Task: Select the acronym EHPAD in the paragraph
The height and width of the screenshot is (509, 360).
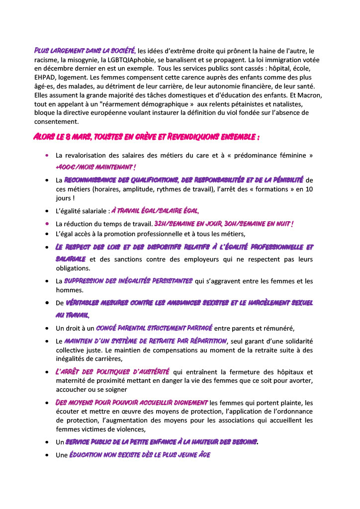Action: coord(46,78)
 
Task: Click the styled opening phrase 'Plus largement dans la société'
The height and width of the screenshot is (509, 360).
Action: coord(85,51)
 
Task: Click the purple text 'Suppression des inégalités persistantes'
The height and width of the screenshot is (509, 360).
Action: coord(128,281)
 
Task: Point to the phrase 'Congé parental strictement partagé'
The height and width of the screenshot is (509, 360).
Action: coord(154,328)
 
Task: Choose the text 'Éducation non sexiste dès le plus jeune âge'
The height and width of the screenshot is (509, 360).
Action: coord(140,454)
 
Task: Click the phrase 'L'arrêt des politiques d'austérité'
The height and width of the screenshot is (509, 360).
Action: coord(112,372)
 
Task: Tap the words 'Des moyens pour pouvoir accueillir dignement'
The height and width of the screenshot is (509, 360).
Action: coord(132,402)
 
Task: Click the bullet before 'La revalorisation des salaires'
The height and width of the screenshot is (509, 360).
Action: coord(46,155)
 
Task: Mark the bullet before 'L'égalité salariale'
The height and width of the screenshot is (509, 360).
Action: coord(46,211)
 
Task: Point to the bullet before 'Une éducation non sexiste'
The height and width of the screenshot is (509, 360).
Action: coord(46,455)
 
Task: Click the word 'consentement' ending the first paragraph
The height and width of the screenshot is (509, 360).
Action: coord(56,122)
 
